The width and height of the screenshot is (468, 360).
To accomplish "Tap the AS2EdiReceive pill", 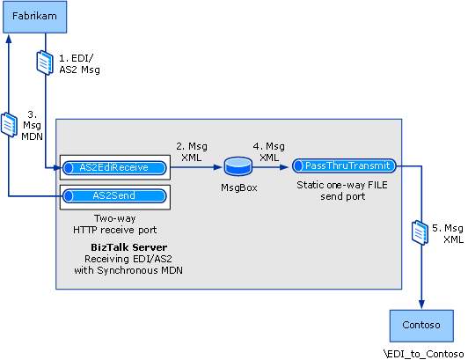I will pos(114,165).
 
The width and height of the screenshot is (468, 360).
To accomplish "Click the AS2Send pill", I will pos(114,195).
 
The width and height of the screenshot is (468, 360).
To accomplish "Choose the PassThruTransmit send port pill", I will pos(344,165).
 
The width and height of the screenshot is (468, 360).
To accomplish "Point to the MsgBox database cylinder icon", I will pos(238,165).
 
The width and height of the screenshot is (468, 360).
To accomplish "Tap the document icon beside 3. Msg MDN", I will pos(9,124).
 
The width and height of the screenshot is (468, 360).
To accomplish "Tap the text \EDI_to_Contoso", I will pos(423,352).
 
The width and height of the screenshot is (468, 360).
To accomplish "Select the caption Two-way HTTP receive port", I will pos(114,224).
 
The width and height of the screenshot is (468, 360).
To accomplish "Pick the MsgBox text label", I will pos(238,187).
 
